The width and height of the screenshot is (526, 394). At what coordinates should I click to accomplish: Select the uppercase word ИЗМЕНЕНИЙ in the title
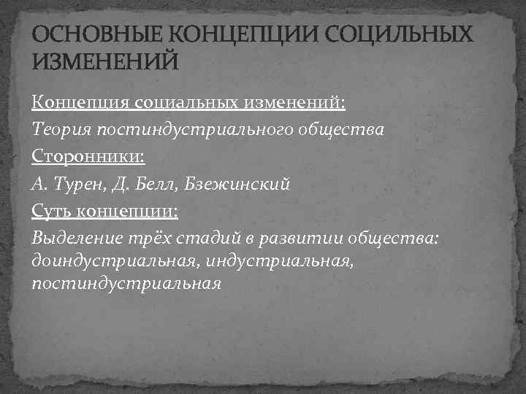click(104, 62)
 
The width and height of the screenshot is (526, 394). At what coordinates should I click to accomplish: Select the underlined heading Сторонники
click(87, 156)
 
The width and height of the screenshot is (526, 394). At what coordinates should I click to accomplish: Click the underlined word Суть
click(53, 211)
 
